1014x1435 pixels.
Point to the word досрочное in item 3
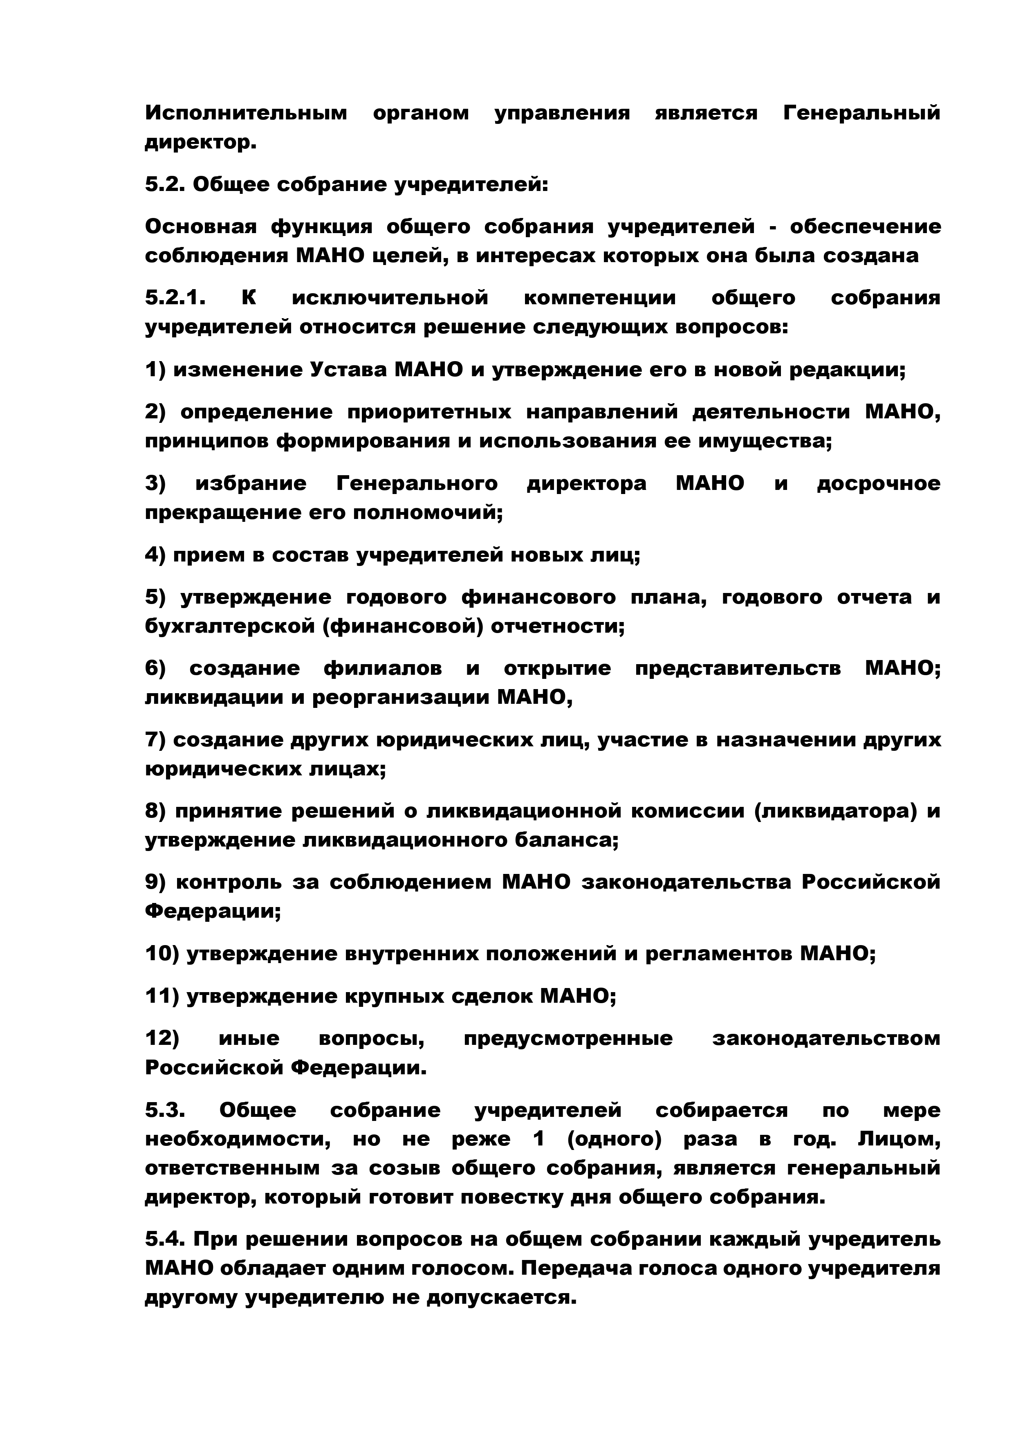(878, 484)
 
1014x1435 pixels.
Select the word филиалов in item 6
(382, 669)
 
